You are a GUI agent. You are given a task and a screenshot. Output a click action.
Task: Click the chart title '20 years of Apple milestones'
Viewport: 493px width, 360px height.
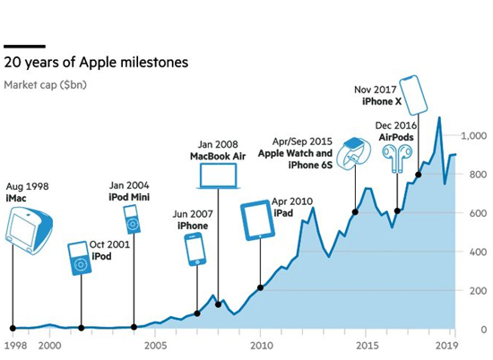tap(96, 62)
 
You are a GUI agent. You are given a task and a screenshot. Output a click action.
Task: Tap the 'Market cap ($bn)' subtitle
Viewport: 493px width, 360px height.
tap(45, 85)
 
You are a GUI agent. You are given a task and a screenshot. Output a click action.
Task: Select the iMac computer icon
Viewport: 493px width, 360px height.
tap(29, 230)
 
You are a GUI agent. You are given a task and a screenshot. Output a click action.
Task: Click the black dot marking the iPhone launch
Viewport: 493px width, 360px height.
tap(197, 313)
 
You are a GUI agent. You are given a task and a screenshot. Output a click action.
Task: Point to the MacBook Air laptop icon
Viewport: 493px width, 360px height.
tap(218, 176)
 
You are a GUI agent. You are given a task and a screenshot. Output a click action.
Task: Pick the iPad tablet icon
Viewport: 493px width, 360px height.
tap(258, 220)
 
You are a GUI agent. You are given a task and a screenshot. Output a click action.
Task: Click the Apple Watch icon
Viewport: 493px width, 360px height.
tap(353, 153)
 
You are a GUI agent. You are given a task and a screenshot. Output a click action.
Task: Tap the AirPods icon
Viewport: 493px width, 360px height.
tap(397, 158)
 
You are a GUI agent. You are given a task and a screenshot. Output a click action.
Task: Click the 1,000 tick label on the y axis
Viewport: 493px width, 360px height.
tap(474, 136)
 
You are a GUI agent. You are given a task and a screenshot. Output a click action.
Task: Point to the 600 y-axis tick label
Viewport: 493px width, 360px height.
tap(478, 213)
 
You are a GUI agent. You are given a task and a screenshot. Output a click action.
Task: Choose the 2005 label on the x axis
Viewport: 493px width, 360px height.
tap(155, 346)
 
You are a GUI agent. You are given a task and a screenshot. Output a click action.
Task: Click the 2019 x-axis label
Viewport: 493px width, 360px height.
tap(446, 346)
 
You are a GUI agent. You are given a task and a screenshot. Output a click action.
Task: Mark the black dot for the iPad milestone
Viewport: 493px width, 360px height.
tap(260, 287)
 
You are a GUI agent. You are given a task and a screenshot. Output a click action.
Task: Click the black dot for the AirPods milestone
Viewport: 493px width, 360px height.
tap(397, 210)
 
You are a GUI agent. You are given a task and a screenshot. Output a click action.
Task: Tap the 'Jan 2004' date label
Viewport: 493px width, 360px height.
tap(129, 185)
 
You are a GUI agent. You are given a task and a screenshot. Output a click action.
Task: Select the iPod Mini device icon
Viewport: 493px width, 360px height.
tap(133, 219)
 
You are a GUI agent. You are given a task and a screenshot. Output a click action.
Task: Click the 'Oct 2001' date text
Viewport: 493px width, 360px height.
tap(109, 244)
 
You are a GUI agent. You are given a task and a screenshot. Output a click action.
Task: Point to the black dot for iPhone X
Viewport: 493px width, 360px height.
tap(419, 175)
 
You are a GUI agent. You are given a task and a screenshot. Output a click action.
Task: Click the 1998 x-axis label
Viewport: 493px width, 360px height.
tap(16, 346)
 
